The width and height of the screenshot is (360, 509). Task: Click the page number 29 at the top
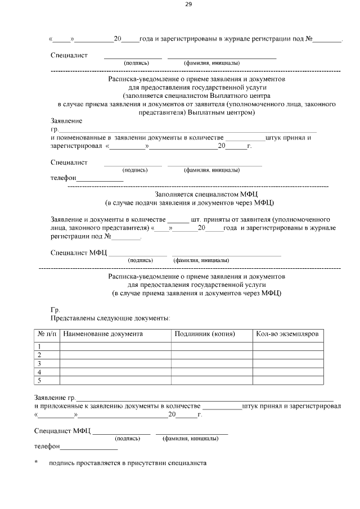[x=188, y=5]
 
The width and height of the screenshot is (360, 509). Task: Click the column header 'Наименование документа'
[x=103, y=334]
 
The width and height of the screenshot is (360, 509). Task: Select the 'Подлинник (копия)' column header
[x=205, y=334]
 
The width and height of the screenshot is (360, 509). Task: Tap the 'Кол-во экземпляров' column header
[x=287, y=334]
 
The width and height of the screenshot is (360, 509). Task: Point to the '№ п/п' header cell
[x=47, y=334]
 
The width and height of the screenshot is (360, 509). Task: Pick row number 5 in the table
[x=39, y=381]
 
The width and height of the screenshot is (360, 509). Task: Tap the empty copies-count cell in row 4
[x=287, y=372]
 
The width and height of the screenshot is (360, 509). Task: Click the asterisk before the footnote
[x=36, y=463]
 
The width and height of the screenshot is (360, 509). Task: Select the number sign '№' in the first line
[x=309, y=39]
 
